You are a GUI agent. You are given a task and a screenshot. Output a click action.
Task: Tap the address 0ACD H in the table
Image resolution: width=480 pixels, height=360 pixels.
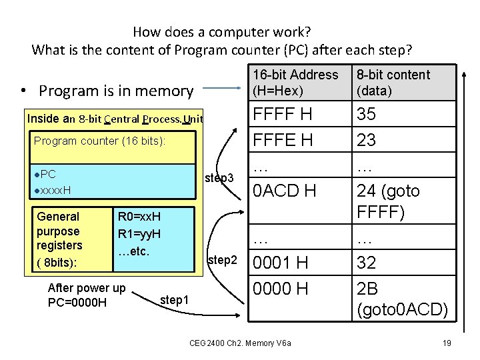pos(283,191)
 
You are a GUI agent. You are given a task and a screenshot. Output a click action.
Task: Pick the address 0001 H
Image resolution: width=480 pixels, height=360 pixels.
pos(279,263)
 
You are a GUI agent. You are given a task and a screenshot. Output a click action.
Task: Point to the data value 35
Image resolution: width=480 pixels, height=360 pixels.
pos(366,115)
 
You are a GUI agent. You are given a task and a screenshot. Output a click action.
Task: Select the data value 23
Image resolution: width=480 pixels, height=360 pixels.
pos(366,140)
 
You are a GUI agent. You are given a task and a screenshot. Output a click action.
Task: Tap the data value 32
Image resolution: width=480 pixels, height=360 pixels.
pos(366,263)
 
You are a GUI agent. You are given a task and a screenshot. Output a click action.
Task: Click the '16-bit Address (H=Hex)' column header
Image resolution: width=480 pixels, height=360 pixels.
pos(295,83)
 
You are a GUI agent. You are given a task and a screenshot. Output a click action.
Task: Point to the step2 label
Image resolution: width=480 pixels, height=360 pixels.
pos(223,259)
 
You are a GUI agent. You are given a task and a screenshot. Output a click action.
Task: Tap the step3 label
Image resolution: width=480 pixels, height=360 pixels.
pos(219,178)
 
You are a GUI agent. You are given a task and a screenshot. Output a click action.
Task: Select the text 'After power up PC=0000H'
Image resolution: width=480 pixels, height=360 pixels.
pos(87,295)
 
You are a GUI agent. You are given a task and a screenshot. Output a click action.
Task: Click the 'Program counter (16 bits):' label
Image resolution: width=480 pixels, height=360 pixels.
pos(99,141)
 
